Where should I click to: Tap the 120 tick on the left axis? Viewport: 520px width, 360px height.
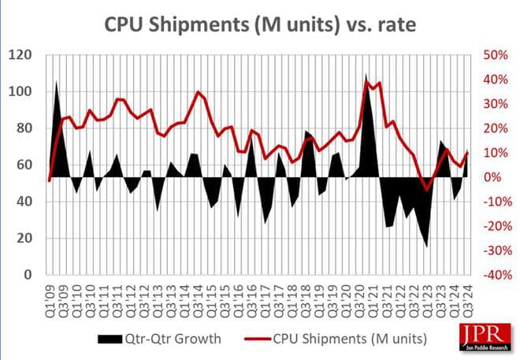click(20, 55)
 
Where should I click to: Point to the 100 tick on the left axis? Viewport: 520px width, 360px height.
click(20, 91)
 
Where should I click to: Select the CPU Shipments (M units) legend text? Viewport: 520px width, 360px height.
click(344, 338)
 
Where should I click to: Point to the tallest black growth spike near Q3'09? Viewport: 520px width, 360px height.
click(56, 82)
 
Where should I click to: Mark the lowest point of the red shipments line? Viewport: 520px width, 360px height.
click(427, 189)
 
